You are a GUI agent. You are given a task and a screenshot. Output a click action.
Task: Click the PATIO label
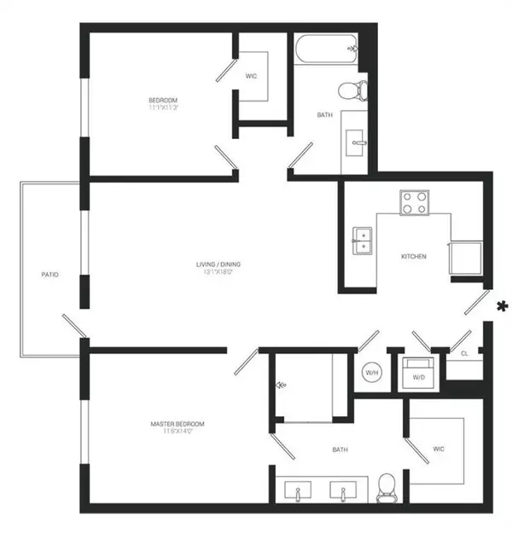click(49, 275)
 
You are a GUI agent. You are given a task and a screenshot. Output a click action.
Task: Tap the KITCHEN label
click(414, 257)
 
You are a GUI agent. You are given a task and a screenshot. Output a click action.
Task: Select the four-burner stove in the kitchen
click(415, 202)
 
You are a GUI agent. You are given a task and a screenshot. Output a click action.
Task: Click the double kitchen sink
click(362, 240)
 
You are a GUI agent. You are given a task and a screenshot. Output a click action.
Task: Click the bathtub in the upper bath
click(329, 49)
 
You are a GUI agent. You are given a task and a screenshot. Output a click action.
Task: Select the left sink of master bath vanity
click(300, 491)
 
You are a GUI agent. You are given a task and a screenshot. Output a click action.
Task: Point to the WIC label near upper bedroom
click(251, 77)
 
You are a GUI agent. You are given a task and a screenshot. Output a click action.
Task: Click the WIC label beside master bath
click(439, 449)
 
